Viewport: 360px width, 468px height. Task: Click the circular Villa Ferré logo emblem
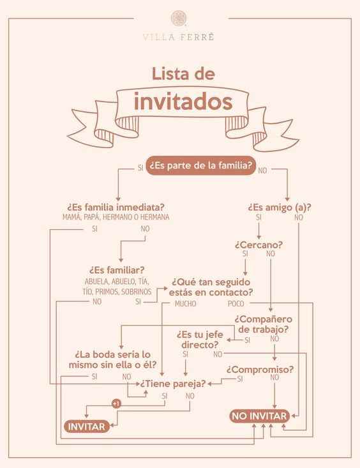click(179, 19)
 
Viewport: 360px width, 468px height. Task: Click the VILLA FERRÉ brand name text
click(179, 37)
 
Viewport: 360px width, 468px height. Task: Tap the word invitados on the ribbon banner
click(183, 102)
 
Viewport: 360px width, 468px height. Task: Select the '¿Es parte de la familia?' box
click(200, 165)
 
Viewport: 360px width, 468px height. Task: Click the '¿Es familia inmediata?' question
click(116, 207)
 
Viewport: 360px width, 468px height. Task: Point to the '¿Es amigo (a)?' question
click(280, 207)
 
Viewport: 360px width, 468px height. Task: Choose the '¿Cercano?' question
click(259, 245)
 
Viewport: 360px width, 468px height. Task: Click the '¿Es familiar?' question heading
click(117, 270)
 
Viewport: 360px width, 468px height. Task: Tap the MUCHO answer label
click(185, 304)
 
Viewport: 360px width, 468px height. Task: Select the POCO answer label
click(236, 304)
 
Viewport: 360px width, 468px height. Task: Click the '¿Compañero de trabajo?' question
click(263, 324)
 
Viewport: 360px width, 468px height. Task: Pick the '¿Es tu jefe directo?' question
click(200, 340)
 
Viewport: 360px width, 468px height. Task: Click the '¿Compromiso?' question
click(260, 370)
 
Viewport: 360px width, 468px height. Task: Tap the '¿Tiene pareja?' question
click(173, 383)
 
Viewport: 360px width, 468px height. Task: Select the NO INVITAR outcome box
click(259, 416)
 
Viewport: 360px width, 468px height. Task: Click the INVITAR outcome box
click(87, 426)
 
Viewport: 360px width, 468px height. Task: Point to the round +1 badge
click(116, 404)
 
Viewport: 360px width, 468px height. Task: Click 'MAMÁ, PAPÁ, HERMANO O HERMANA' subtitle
click(116, 217)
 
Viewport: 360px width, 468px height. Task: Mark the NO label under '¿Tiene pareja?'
click(190, 396)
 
